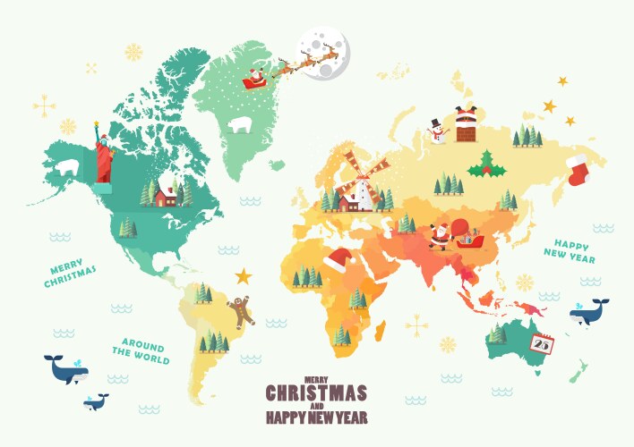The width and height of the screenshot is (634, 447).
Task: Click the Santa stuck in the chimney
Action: click(466, 123)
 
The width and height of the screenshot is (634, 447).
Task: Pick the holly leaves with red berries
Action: click(486, 164)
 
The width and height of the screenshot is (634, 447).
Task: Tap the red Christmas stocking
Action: click(578, 168)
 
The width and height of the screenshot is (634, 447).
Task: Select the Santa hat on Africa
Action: click(339, 261)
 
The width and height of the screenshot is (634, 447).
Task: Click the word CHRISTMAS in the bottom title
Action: click(316, 393)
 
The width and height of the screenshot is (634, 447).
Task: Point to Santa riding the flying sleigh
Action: click(255, 78)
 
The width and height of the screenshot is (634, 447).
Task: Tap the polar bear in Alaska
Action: click(69, 167)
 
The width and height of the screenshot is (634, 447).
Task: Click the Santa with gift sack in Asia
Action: click(441, 236)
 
